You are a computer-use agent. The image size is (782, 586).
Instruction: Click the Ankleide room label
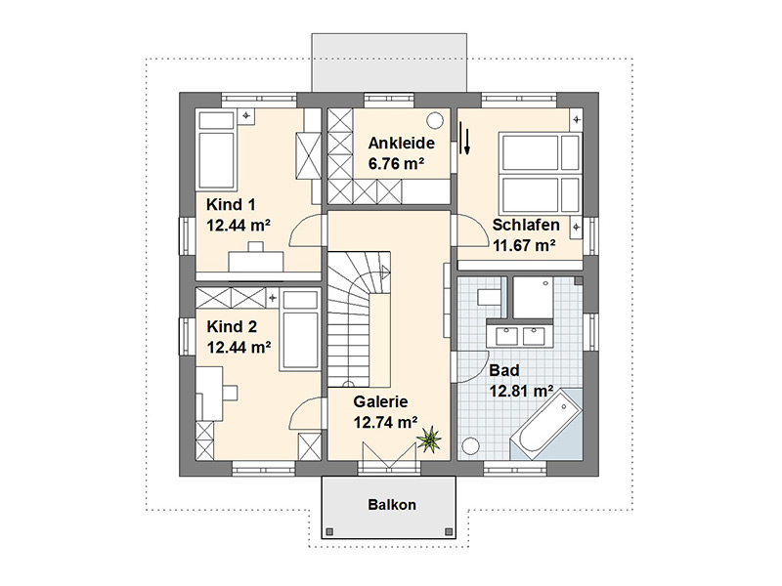tap(401, 144)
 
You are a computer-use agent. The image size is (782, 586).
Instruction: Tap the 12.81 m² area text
tap(521, 392)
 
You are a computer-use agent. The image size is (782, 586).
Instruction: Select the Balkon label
tap(392, 505)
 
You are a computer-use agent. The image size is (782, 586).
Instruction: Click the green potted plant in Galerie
tap(429, 439)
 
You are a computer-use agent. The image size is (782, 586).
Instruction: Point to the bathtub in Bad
tap(546, 424)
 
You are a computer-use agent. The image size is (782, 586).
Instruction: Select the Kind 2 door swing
tap(305, 411)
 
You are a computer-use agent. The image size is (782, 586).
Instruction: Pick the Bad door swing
tap(471, 367)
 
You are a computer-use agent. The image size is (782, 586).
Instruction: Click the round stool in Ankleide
tap(435, 120)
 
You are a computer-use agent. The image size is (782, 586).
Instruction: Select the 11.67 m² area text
tap(525, 246)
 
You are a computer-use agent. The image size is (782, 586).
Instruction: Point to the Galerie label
tap(380, 401)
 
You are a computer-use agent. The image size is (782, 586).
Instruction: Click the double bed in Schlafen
tap(541, 174)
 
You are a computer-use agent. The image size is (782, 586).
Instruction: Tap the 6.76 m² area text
tap(397, 164)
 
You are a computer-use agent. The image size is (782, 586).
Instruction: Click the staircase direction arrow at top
tap(385, 273)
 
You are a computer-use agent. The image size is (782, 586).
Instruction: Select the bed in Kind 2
tap(300, 331)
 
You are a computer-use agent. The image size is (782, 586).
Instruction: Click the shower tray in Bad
tap(533, 298)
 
